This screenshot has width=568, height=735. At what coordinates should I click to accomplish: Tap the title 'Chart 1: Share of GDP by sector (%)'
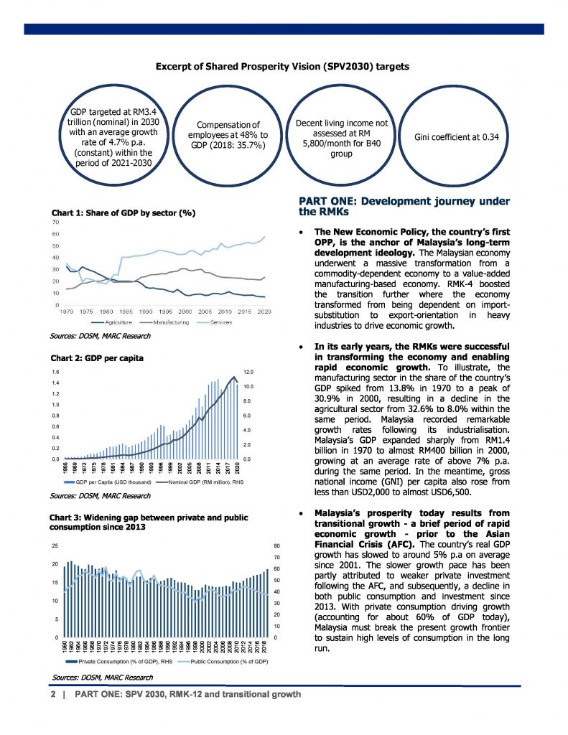(124, 213)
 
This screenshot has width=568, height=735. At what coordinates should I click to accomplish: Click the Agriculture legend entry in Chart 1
(107, 323)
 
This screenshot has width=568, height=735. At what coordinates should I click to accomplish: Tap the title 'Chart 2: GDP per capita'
(97, 357)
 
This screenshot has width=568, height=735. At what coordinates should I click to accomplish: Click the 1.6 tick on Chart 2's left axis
(55, 372)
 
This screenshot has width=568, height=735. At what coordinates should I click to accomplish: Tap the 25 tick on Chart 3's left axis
(55, 546)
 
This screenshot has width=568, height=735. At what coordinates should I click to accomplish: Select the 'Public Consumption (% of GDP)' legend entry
(229, 660)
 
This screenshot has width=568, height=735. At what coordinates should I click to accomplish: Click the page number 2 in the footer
(53, 695)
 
